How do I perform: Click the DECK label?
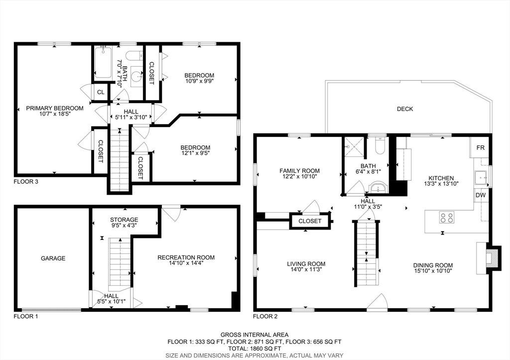[405, 109]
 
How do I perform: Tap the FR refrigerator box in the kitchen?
[481, 148]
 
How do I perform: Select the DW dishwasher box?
[481, 195]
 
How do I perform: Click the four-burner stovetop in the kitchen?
[447, 217]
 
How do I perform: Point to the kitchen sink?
[481, 177]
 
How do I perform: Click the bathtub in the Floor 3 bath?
[103, 62]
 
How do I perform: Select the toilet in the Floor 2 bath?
[380, 145]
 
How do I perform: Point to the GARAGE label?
[53, 258]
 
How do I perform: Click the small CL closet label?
[101, 92]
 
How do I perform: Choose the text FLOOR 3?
[26, 181]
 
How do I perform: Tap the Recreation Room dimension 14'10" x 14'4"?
[186, 263]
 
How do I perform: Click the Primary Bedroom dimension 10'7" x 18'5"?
[55, 114]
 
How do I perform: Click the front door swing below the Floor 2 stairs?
[378, 301]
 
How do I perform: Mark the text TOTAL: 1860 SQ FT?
[255, 348]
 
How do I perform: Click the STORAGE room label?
[124, 220]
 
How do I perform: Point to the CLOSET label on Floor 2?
[310, 221]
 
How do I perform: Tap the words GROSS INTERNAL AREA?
[255, 335]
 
